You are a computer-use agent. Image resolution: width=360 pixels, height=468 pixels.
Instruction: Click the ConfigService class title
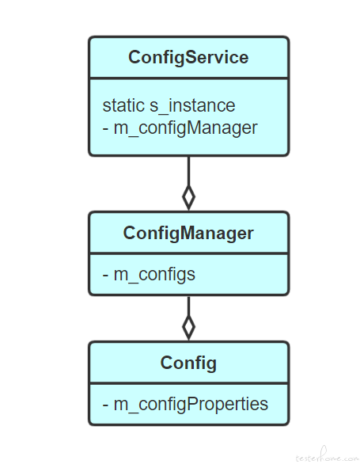point(188,57)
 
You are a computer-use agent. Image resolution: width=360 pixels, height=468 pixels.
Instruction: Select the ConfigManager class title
point(188,233)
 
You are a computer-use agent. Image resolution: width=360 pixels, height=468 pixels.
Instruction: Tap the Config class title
point(188,363)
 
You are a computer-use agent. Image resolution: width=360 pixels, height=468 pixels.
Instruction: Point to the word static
point(123,105)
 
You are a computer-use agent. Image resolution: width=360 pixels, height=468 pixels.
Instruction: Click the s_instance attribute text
point(192,106)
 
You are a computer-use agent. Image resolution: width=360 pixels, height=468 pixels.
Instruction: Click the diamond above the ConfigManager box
point(188,197)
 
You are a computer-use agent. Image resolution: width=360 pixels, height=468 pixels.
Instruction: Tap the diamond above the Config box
point(188,327)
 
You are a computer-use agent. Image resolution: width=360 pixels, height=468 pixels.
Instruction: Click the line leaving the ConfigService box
point(188,171)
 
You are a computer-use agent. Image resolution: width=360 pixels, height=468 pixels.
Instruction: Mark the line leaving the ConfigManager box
point(188,306)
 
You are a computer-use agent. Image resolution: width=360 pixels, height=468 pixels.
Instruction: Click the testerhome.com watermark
point(328,456)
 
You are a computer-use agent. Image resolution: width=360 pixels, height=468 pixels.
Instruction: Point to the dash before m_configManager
point(105,129)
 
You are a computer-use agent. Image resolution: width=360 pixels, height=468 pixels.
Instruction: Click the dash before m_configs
point(105,276)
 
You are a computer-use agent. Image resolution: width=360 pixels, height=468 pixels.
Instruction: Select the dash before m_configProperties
point(105,405)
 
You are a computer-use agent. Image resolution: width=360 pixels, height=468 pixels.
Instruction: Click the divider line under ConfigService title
point(188,78)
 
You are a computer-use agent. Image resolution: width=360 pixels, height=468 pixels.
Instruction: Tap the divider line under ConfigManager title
point(188,254)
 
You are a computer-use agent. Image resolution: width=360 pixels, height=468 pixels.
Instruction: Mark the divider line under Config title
point(188,383)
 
